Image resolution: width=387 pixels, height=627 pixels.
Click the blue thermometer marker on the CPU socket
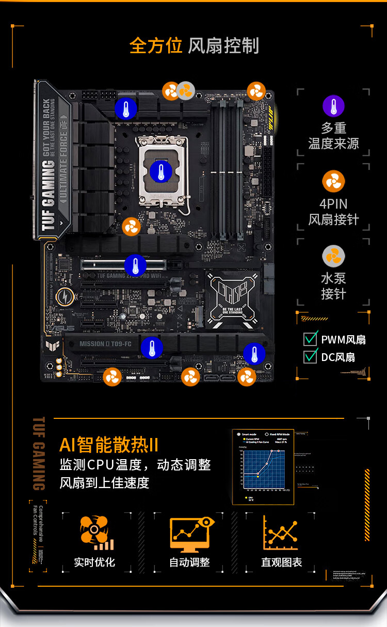click(161, 171)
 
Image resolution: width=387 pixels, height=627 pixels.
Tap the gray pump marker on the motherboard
click(186, 91)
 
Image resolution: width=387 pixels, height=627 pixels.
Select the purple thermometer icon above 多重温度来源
click(333, 106)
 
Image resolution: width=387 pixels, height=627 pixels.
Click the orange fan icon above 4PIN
click(333, 182)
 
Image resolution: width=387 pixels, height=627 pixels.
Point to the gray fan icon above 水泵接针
click(333, 257)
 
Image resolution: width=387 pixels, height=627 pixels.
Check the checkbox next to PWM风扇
click(310, 339)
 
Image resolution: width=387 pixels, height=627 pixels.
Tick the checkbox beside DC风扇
click(310, 356)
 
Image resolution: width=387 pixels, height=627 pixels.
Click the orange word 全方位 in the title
click(156, 45)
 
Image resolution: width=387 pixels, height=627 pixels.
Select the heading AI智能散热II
click(109, 445)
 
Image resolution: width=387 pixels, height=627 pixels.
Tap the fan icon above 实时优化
click(95, 532)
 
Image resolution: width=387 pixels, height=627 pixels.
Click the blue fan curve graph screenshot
click(263, 467)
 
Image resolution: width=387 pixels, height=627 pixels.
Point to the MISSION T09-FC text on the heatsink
click(105, 343)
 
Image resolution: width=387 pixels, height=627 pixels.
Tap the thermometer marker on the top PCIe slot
click(135, 265)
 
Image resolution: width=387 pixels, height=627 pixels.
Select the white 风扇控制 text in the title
click(223, 45)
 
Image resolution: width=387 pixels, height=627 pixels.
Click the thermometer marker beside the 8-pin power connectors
click(125, 109)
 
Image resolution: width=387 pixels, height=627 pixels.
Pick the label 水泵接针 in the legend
click(333, 286)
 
